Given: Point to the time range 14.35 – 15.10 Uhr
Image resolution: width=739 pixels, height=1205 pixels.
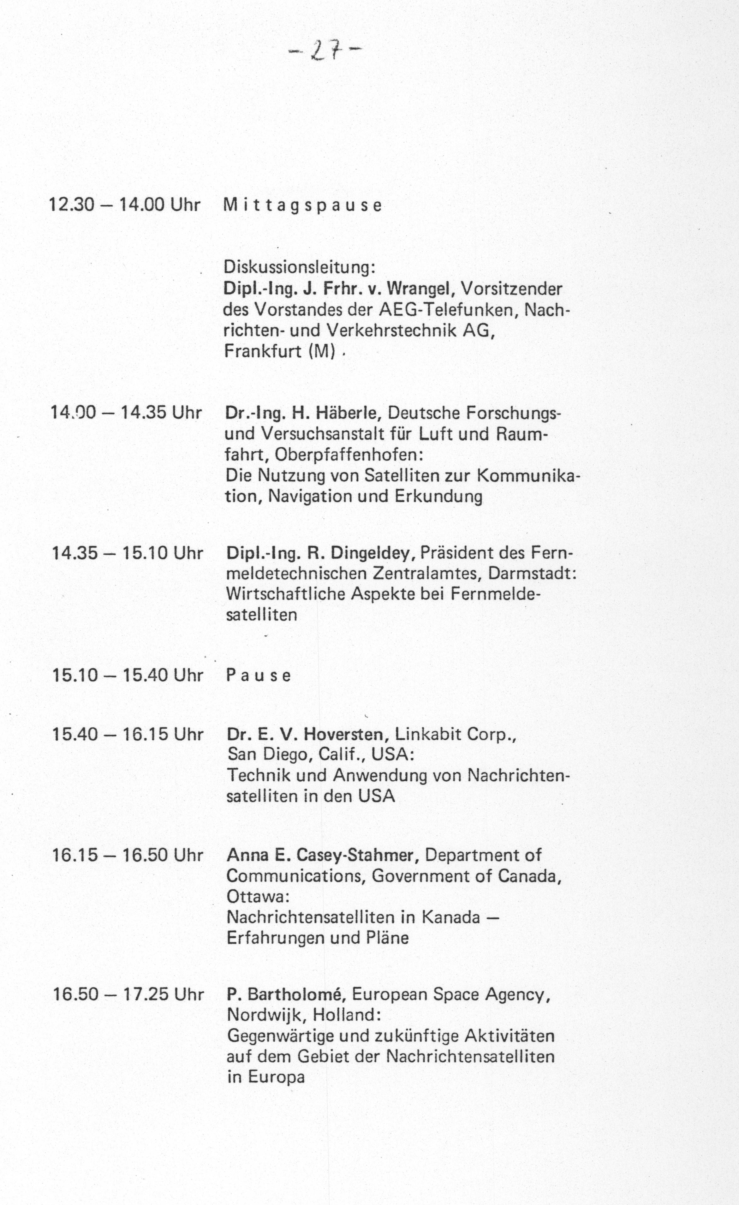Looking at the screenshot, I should point(127,553).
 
